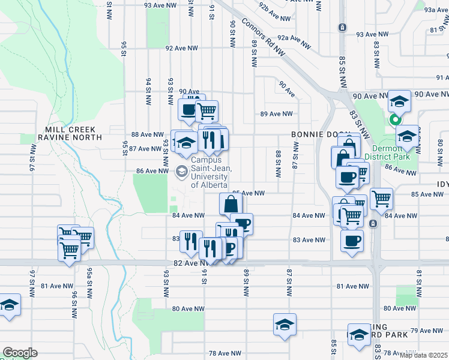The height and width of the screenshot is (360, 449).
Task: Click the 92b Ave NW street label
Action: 280,10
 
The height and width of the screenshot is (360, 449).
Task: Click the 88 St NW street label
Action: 279,164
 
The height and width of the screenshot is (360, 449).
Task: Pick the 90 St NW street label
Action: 232,32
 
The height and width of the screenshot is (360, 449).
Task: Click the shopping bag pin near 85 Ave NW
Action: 231,205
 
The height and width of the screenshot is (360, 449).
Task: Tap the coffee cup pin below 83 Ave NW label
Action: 352,241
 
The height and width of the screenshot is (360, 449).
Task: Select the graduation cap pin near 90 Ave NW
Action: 399,101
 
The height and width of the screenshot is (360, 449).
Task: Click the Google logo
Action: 20,353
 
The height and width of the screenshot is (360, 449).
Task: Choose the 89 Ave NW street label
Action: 276,114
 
